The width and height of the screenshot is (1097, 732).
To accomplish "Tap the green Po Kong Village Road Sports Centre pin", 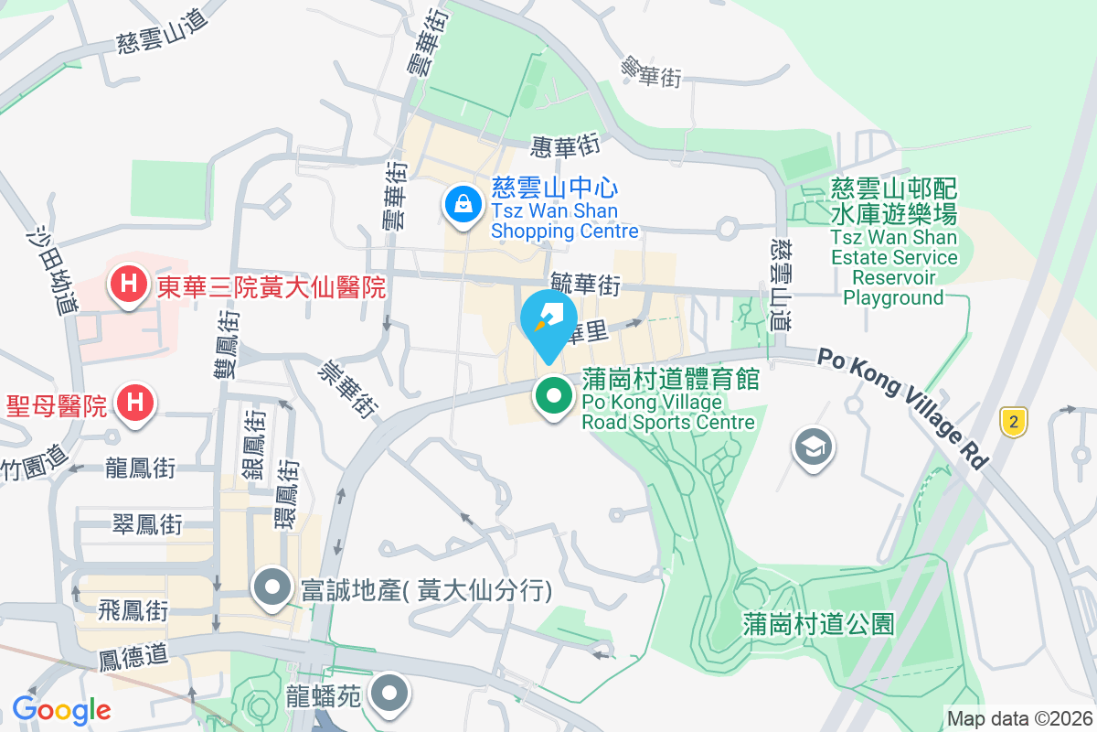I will (x=553, y=397).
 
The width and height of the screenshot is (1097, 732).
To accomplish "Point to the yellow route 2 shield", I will (x=1013, y=422).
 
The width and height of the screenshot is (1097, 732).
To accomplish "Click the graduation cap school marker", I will (x=812, y=447).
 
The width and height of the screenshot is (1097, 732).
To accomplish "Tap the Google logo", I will (x=61, y=709).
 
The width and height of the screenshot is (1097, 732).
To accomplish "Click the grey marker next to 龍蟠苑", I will (x=390, y=694).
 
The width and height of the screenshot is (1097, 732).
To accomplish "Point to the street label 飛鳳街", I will (x=133, y=609).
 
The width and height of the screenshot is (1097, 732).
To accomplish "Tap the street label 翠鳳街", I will (x=146, y=524).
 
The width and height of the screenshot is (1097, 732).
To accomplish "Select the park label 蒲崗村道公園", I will (x=817, y=625).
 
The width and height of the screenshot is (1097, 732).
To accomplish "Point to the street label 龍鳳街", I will (x=140, y=468).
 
